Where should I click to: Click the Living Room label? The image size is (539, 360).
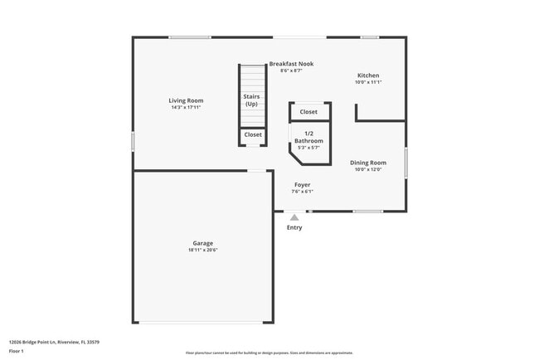point(186,100)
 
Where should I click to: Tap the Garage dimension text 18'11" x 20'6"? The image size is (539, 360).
point(203,250)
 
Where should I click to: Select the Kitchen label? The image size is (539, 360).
point(367,75)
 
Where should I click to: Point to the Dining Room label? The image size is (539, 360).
point(367,163)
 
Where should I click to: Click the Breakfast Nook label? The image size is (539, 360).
point(291,64)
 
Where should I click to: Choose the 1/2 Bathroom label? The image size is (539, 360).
point(308,138)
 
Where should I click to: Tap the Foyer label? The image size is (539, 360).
point(302,185)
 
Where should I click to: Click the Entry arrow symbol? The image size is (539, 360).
point(294,217)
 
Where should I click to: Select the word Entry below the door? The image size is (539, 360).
point(294,227)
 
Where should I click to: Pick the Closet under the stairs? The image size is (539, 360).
point(253,134)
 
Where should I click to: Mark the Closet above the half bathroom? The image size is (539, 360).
point(308,111)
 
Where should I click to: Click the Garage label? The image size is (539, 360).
point(203,243)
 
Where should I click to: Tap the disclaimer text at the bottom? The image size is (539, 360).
point(269,353)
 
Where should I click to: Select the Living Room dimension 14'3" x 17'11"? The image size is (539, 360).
point(186,107)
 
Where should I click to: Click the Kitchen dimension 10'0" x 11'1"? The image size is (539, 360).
point(367,82)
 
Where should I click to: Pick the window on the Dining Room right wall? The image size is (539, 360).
point(405,162)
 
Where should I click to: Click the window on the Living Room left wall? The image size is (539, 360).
point(133,141)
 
